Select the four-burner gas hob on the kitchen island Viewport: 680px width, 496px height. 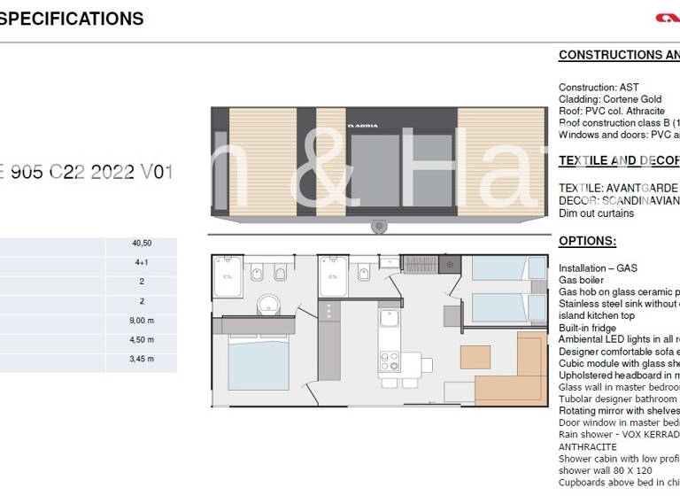(390, 360)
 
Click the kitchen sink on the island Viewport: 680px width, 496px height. (390, 317)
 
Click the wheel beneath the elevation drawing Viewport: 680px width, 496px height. (380, 227)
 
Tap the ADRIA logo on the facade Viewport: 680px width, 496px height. (362, 126)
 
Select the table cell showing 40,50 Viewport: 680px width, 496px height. (141, 244)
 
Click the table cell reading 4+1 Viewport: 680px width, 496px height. (141, 262)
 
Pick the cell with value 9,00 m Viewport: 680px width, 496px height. (141, 321)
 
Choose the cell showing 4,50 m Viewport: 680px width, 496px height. (141, 339)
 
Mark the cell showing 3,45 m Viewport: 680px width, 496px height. (141, 359)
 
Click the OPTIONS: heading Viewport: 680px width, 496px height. (587, 242)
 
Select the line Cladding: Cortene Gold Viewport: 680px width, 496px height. (610, 99)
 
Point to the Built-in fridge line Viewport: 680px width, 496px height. (587, 328)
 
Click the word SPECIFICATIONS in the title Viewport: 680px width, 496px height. (72, 19)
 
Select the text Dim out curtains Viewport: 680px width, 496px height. (596, 213)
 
